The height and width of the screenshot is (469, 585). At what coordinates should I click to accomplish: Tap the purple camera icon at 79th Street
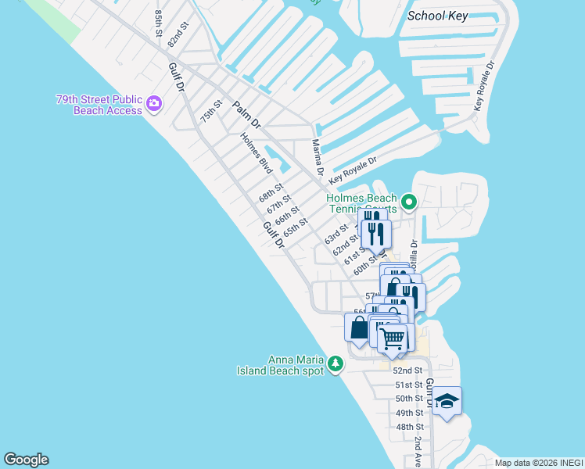154,103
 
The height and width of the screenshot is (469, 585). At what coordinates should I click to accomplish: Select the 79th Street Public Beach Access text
99,105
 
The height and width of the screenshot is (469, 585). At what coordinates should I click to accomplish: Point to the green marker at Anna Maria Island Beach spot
336,363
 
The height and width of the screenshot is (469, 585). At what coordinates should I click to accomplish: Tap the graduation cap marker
447,401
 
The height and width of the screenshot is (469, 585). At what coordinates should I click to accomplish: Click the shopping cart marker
393,338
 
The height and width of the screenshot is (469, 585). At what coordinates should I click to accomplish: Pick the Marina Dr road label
318,157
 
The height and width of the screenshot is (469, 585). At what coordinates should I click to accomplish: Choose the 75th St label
211,110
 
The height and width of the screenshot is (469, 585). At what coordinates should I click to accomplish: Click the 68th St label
271,192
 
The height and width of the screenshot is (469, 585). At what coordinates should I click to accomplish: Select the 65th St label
296,227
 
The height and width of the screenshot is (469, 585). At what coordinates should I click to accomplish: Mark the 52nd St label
407,371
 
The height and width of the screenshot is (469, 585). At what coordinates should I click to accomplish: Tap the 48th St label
409,427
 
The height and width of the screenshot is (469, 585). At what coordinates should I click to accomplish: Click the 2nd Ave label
418,449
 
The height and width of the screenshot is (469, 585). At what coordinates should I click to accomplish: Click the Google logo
26,460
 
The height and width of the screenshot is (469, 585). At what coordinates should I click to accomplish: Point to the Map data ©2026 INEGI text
537,463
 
